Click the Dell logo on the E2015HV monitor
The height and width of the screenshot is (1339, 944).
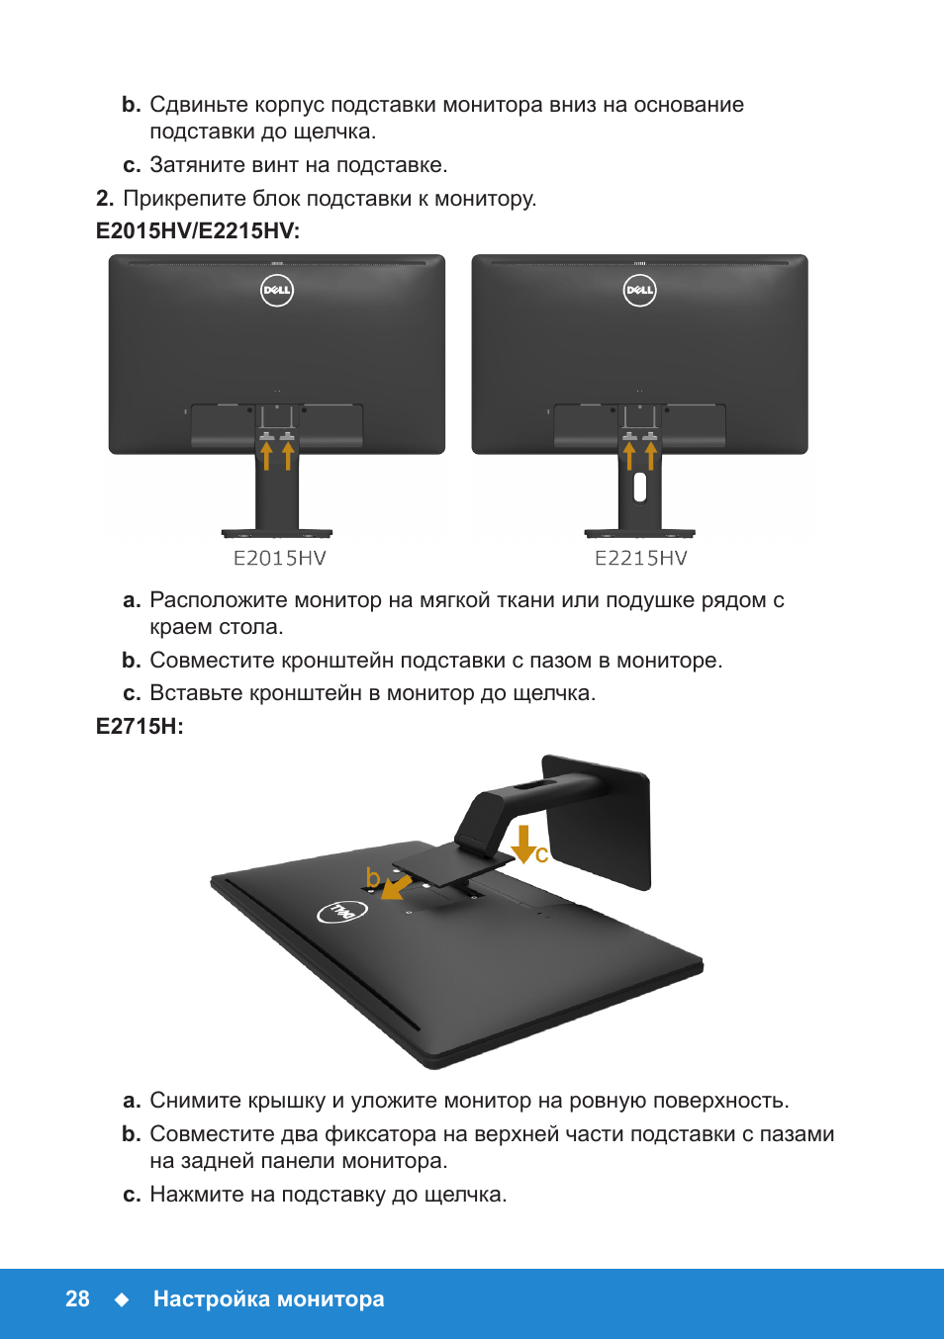(x=277, y=291)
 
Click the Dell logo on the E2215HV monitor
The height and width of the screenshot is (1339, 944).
(x=639, y=291)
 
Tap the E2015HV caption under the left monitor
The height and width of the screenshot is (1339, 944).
(x=279, y=559)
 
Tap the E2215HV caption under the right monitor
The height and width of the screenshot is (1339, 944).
(x=640, y=559)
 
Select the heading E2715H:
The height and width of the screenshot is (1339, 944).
(x=140, y=726)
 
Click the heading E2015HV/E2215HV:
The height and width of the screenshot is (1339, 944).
(x=198, y=230)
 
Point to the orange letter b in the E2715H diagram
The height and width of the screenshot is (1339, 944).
(x=373, y=878)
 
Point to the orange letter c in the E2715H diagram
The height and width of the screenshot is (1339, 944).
(x=541, y=854)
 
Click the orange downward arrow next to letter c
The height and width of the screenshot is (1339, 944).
(x=524, y=845)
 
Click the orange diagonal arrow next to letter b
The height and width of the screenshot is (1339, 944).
(x=396, y=886)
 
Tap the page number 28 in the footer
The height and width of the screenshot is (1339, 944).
(x=77, y=1299)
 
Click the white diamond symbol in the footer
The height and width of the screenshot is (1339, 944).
(x=122, y=1299)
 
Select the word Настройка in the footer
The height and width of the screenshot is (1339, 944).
(x=211, y=1299)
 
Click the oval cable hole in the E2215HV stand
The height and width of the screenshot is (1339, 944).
(x=639, y=487)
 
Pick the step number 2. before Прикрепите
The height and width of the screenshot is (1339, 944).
(x=105, y=198)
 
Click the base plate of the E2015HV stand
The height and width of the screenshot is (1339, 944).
(x=277, y=533)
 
